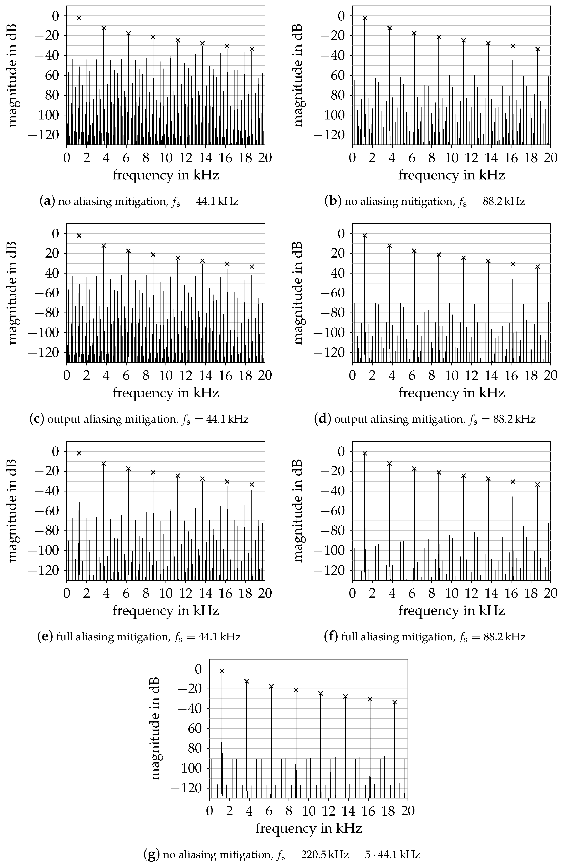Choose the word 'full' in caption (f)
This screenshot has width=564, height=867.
tap(347, 637)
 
